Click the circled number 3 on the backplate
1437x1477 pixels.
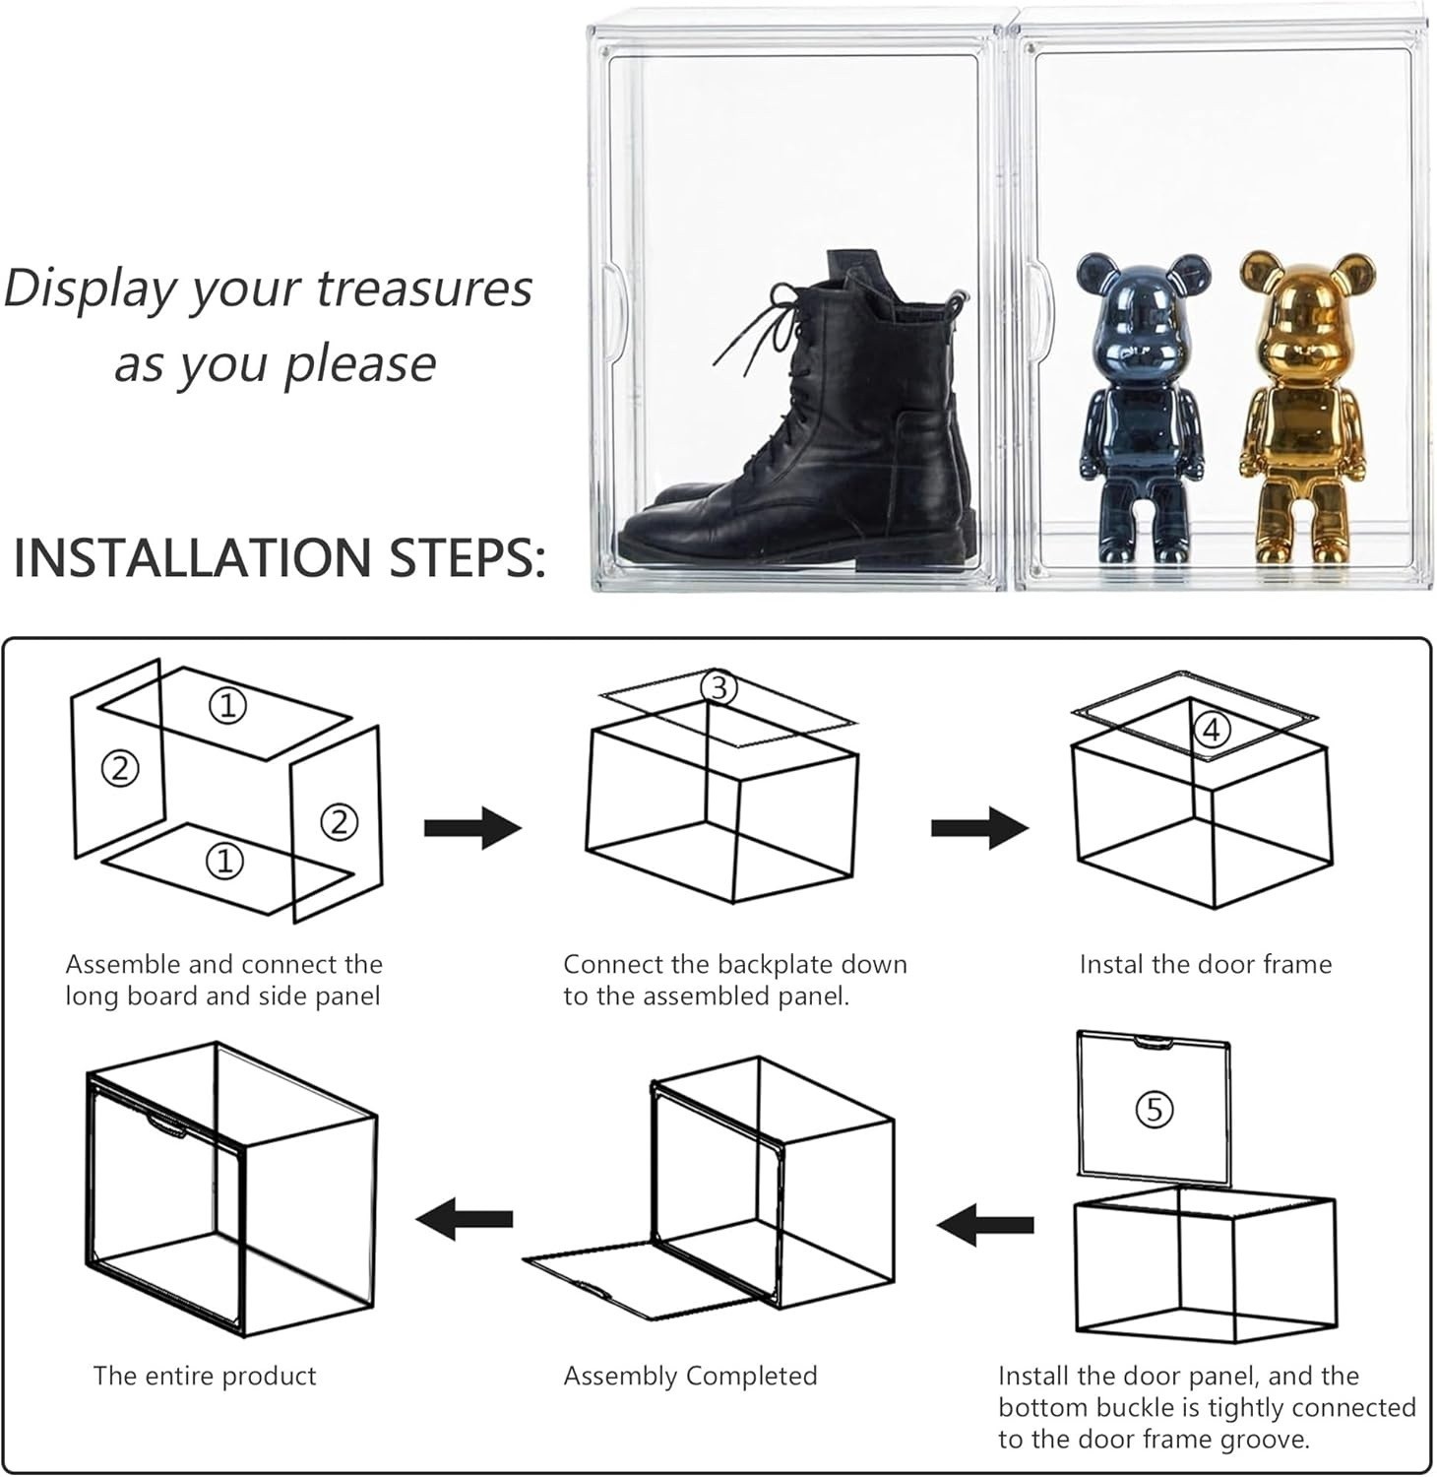point(719,688)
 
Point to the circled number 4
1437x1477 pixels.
point(1212,730)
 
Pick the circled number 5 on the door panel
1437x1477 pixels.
point(1155,1110)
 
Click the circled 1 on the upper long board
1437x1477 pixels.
point(227,705)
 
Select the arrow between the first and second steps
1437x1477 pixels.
point(472,828)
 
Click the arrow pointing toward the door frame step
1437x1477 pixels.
point(979,827)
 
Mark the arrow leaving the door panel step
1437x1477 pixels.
point(985,1224)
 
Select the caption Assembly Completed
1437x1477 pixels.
point(690,1376)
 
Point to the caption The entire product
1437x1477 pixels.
point(205,1376)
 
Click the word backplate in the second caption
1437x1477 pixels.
point(771,964)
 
